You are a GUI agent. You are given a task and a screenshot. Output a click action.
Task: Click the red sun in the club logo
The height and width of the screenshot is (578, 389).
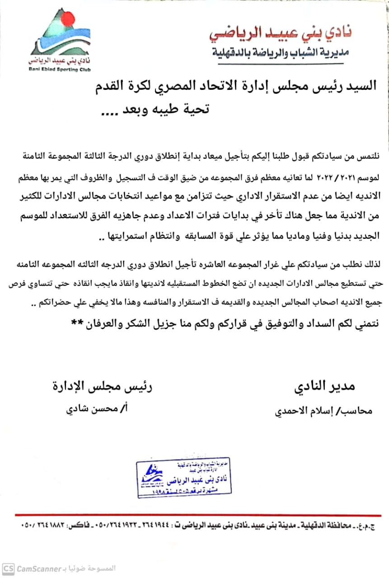point(67,19)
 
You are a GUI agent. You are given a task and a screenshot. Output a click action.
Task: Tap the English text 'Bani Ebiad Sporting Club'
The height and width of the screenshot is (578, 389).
point(60,70)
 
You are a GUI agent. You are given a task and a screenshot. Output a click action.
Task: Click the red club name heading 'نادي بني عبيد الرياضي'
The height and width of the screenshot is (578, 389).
point(281,33)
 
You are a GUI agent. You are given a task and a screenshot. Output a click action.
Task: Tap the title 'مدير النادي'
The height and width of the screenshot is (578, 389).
point(324,387)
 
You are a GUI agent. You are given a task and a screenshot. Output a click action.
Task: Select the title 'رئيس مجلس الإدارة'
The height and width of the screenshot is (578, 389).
point(102,387)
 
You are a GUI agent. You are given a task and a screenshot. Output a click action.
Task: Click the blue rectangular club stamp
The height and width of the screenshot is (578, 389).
point(184,478)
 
